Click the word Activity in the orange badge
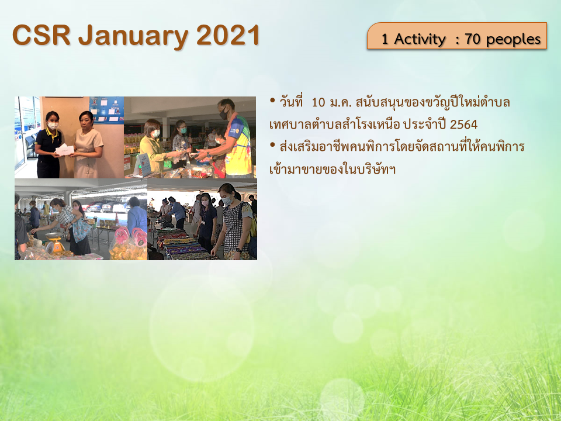coord(420,39)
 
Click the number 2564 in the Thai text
coord(463,125)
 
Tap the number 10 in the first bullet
coord(318,103)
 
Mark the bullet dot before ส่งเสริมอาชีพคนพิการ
coord(273,144)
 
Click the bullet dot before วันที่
coord(273,100)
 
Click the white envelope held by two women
coord(65,150)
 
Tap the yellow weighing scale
coord(54,241)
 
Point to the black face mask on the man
coord(224,113)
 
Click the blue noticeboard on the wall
coord(106,109)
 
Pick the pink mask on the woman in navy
coord(205,203)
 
